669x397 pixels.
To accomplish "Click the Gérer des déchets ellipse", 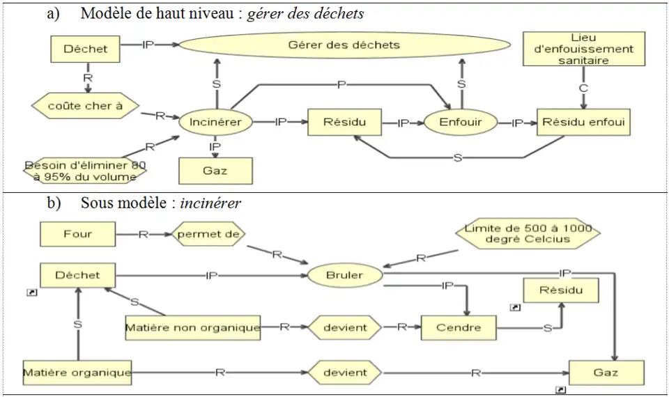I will tap(344, 45).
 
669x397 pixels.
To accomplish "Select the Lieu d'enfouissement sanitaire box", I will tap(583, 49).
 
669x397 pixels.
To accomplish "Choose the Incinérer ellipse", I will tap(215, 123).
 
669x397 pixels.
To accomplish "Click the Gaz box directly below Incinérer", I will tap(215, 170).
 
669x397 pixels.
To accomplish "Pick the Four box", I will tap(77, 235).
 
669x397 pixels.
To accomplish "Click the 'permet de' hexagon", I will tap(208, 235).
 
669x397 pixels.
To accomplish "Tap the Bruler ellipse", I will tap(344, 275).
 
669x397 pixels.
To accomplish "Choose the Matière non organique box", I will tap(192, 327).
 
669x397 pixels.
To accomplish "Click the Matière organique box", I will tap(77, 373).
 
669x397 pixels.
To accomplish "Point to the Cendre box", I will tap(459, 327).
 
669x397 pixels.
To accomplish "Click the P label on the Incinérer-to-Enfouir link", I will tap(341, 84).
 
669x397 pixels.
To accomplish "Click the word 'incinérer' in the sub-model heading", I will tap(210, 203).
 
